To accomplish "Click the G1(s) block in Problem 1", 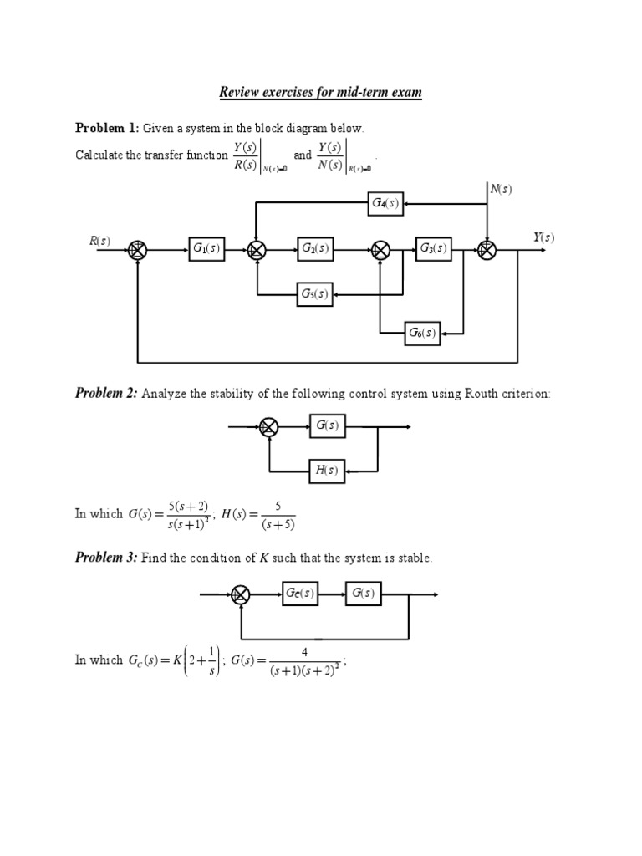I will pyautogui.click(x=206, y=248).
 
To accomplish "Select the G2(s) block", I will pyautogui.click(x=315, y=248).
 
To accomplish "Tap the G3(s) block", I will pyautogui.click(x=433, y=248).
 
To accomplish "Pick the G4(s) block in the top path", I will pyautogui.click(x=385, y=203).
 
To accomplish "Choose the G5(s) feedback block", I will pyautogui.click(x=315, y=293).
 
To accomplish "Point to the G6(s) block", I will pyautogui.click(x=422, y=332).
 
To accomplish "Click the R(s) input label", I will pyautogui.click(x=99, y=241).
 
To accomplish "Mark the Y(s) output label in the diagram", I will pyautogui.click(x=543, y=238).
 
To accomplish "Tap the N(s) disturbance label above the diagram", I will pyautogui.click(x=501, y=189).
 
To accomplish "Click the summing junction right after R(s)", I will pyautogui.click(x=138, y=249).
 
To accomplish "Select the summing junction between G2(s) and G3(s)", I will pyautogui.click(x=380, y=249).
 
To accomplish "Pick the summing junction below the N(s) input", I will pyautogui.click(x=487, y=249).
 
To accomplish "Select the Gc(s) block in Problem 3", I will pyautogui.click(x=300, y=594).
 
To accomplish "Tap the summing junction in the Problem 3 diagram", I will pyautogui.click(x=241, y=594).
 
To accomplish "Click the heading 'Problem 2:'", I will pyautogui.click(x=106, y=394).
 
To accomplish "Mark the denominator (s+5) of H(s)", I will pyautogui.click(x=276, y=525).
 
